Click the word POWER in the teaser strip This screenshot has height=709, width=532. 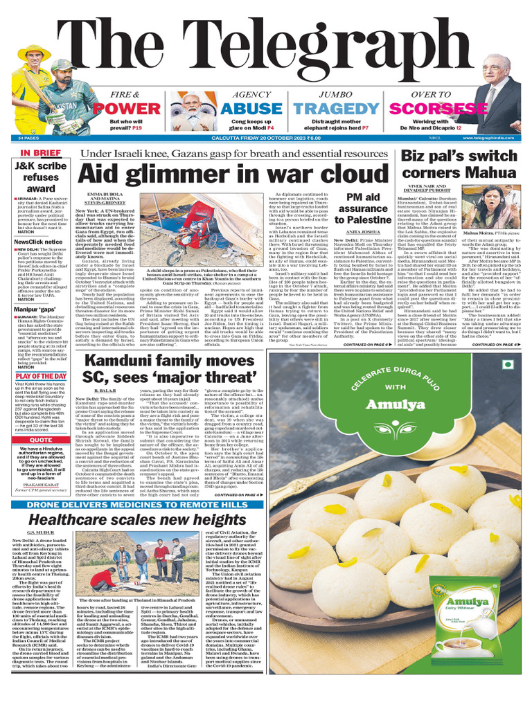point(121,109)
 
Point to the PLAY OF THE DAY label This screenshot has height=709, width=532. point(41,376)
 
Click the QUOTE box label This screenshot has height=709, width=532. point(41,440)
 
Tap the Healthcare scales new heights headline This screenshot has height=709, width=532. point(137,519)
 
